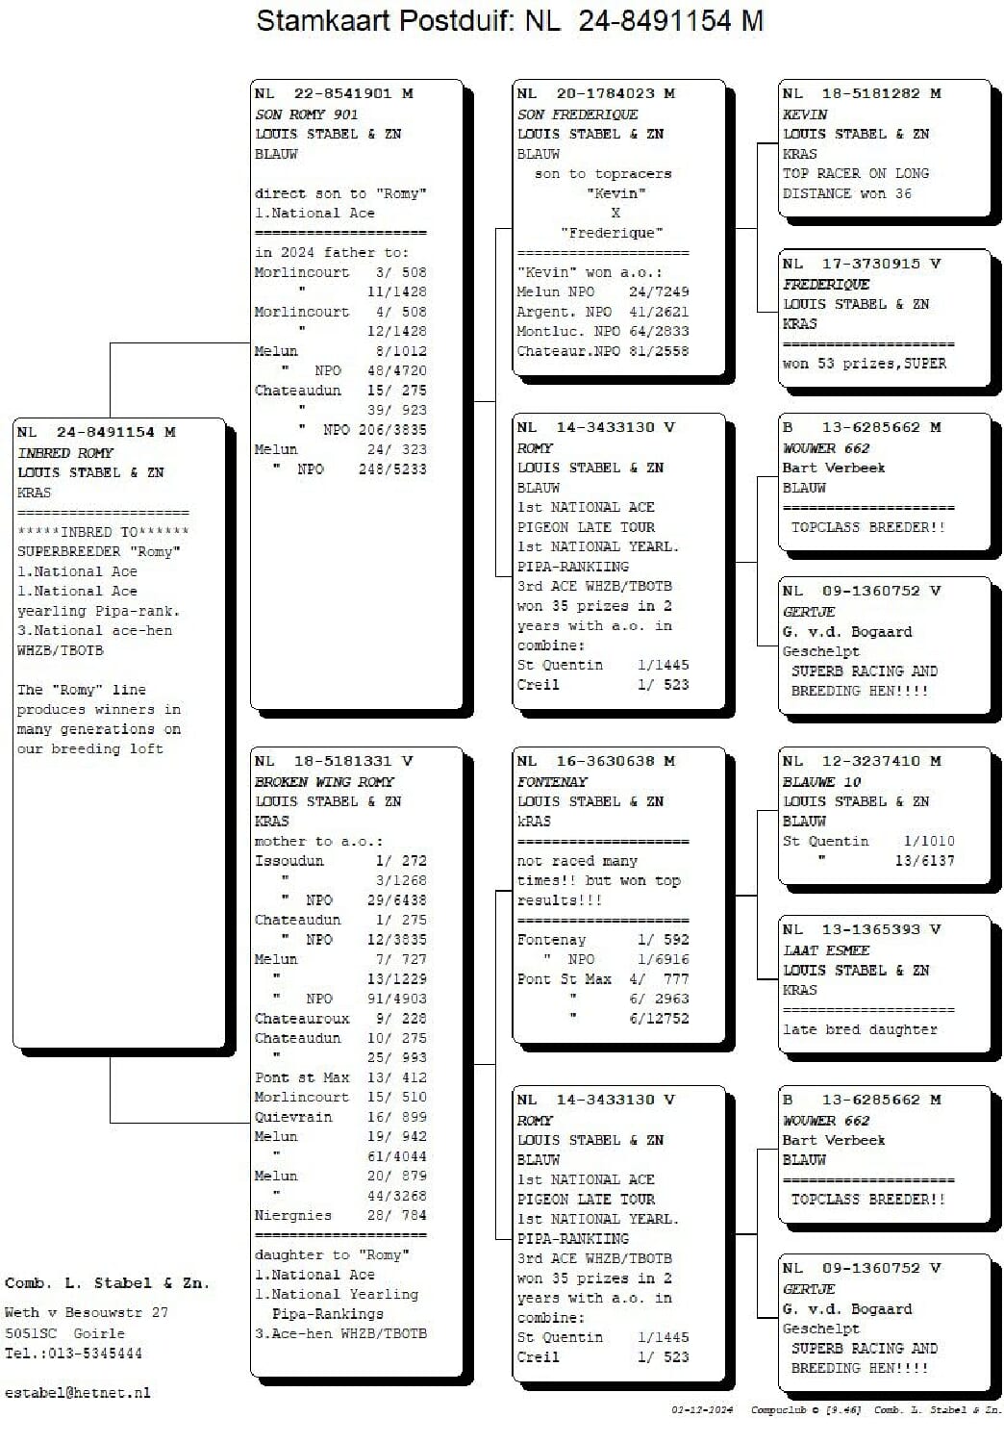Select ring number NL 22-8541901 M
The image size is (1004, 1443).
[334, 93]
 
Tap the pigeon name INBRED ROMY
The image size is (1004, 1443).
[65, 453]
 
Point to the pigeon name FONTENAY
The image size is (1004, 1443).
[552, 782]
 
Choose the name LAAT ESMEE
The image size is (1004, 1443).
[826, 950]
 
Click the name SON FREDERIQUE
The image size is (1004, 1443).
[577, 114]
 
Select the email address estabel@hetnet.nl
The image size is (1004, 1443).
[78, 1393]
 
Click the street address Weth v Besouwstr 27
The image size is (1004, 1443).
[87, 1312]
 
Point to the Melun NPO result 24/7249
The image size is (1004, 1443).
[659, 291]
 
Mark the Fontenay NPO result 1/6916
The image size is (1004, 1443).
[663, 959]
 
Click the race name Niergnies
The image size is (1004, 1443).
[292, 1215]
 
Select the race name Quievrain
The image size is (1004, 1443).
[293, 1117]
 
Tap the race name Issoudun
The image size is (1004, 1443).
[289, 861]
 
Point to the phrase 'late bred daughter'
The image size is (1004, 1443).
[859, 1029]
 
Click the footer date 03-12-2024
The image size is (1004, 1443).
[702, 1410]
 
